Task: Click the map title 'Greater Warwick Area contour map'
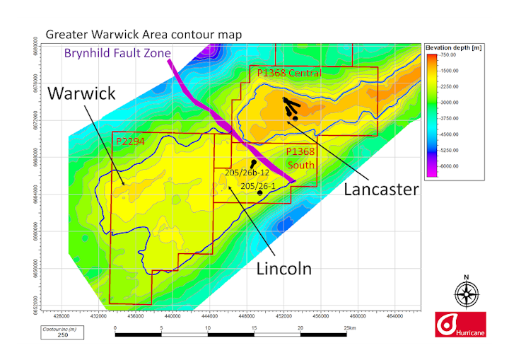144,34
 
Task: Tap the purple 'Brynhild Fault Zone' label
119,52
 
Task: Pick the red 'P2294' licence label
129,141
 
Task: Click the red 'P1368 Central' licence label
289,74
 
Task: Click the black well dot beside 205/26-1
260,192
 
